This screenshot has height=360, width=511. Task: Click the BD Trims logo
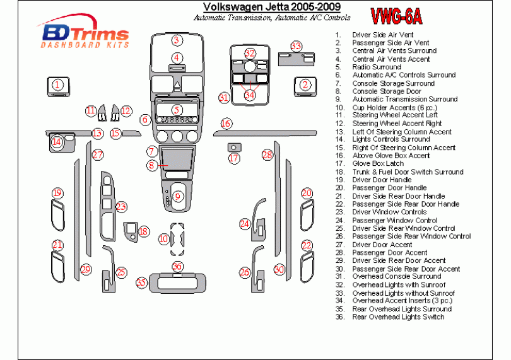[85, 35]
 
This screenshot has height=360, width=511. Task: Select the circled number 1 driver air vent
[57, 85]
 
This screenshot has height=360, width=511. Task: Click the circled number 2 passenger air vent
[305, 85]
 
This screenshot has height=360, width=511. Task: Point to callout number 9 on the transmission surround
[177, 197]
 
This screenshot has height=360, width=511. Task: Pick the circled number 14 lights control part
[57, 142]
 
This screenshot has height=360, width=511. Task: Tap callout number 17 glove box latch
[234, 158]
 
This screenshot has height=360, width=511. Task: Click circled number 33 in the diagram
[296, 46]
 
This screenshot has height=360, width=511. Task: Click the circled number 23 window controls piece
[120, 206]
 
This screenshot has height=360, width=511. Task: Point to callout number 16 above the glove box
[226, 124]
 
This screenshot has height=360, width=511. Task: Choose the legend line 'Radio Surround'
[377, 67]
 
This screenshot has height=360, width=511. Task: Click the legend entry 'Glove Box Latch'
[378, 163]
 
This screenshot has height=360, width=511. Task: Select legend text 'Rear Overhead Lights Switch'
[398, 316]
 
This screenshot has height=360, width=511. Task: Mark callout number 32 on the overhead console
[250, 54]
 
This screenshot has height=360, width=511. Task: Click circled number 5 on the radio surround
[177, 110]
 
